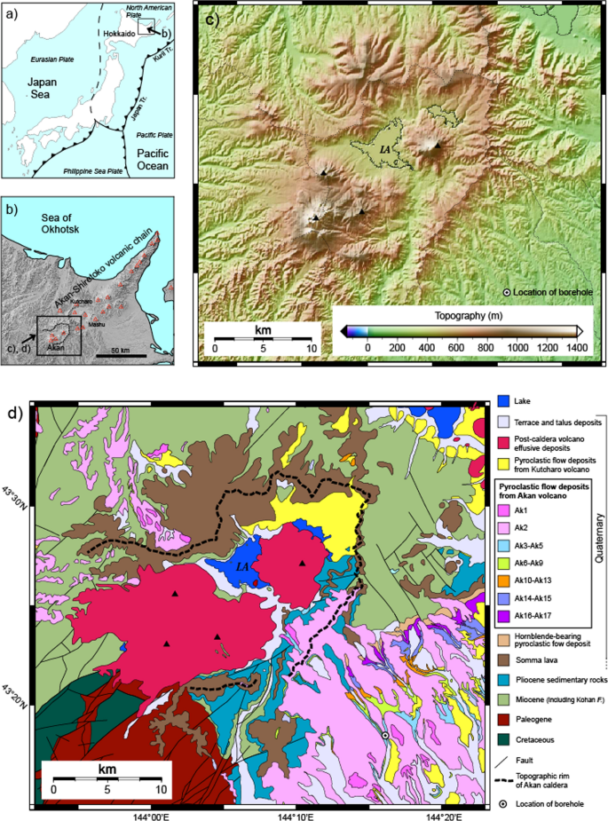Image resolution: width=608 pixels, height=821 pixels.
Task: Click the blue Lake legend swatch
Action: click(x=503, y=401)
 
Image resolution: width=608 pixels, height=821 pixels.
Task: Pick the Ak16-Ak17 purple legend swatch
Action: click(x=503, y=615)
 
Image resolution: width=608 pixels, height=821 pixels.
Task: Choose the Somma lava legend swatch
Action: click(x=503, y=659)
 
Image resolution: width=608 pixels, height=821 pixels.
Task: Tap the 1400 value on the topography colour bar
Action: click(x=576, y=348)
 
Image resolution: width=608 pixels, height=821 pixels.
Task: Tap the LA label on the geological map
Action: click(x=240, y=565)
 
